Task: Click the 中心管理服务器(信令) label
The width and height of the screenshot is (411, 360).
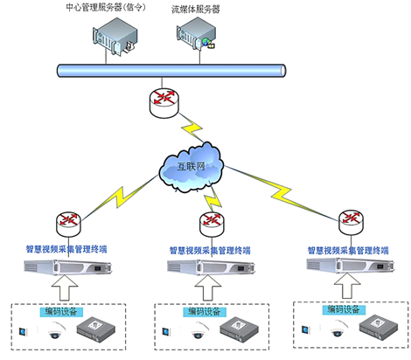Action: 106,7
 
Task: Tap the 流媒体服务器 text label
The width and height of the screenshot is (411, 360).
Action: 195,10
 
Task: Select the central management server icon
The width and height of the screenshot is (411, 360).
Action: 115,36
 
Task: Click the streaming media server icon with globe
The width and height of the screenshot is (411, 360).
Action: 196,34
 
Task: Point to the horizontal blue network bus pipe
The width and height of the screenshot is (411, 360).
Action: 171,71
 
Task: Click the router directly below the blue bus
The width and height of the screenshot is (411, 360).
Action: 164,103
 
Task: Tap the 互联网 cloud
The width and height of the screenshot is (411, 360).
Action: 192,167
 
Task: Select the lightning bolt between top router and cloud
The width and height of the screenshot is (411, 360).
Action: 192,128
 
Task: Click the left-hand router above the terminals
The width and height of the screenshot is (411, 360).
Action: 68,224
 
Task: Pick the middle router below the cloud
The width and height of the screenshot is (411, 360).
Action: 212,225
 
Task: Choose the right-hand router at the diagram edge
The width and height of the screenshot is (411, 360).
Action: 352,222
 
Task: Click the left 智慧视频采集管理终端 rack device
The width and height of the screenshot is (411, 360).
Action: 67,267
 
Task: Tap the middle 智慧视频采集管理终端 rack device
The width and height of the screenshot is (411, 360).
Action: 211,267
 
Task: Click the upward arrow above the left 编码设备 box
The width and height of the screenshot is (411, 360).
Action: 65,287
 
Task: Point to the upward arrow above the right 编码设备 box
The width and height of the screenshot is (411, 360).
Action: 347,286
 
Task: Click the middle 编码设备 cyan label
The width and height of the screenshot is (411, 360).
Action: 205,312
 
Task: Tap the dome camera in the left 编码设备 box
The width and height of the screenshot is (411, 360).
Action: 56,330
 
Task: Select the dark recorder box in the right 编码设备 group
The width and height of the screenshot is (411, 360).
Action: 379,327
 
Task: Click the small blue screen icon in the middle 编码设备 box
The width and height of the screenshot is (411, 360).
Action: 166,331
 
